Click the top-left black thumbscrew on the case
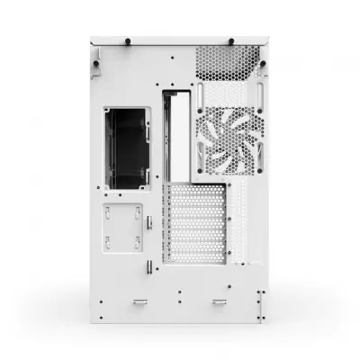pyautogui.click(x=127, y=40)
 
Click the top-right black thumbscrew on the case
pyautogui.click(x=232, y=40)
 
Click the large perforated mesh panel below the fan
pyautogui.click(x=195, y=225)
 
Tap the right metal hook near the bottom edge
pyautogui.click(x=219, y=302)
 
